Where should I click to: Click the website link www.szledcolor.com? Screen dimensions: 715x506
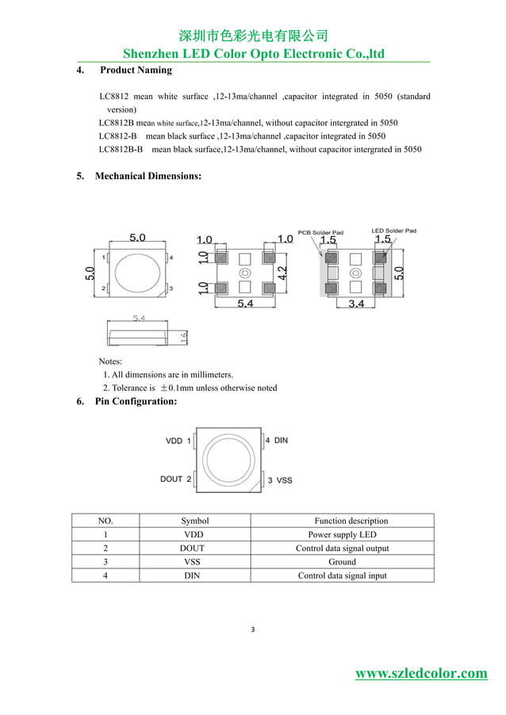tap(421, 674)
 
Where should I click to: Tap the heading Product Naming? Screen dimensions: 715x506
tap(136, 71)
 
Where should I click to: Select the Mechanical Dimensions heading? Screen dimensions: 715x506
tap(148, 175)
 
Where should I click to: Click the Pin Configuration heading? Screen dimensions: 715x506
tap(136, 402)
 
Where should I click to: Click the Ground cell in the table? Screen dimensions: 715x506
tap(342, 561)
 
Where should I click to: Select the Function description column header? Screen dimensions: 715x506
tap(351, 521)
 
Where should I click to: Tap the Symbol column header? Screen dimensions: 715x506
tap(194, 521)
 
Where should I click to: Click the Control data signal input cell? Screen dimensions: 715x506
tap(342, 575)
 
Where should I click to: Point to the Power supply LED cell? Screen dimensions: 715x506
tap(342, 534)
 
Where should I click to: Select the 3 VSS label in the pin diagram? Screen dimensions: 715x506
tap(279, 480)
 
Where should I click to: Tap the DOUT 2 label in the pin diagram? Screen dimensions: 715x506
tap(175, 479)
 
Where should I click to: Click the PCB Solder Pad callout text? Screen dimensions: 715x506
tap(320, 232)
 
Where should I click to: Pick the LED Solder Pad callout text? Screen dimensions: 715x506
tap(393, 231)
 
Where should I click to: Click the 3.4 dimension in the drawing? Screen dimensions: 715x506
tap(355, 304)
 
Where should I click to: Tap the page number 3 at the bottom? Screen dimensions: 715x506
tap(252, 630)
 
